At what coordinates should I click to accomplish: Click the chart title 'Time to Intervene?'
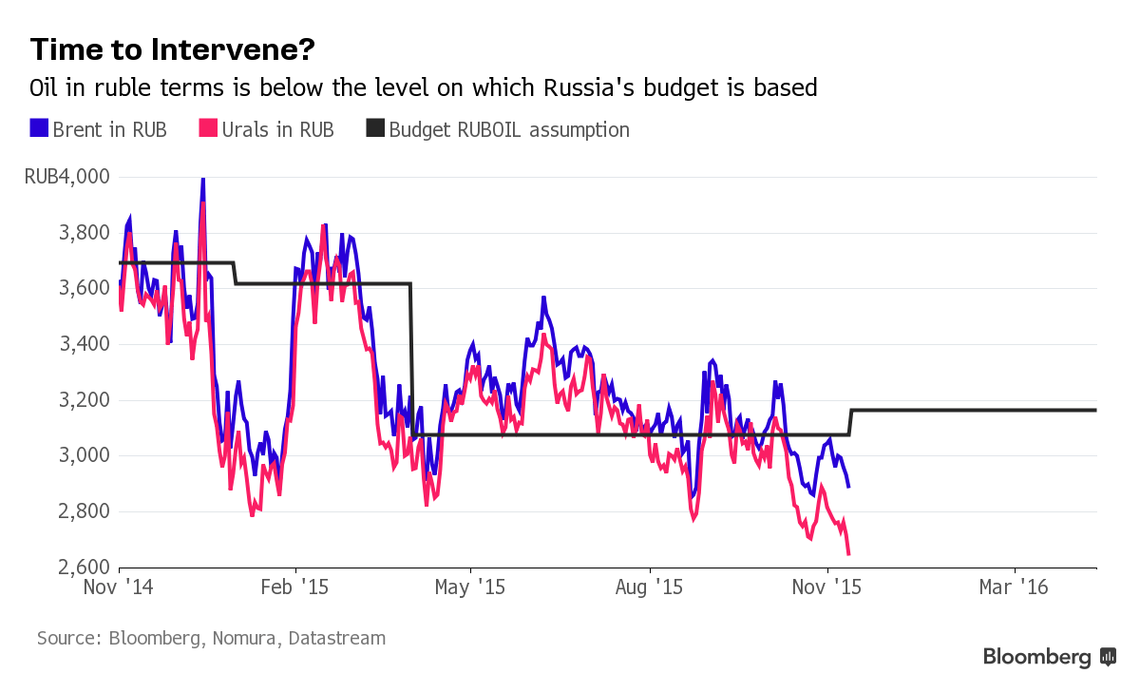[173, 49]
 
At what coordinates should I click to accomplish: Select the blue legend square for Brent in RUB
[39, 127]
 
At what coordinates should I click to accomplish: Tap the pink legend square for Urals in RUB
[208, 127]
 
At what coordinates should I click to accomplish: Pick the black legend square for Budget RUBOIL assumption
[375, 127]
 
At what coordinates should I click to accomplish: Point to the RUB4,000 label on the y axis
[67, 177]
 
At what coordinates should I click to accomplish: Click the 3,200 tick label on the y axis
[85, 400]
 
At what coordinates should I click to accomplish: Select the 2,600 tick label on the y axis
[85, 568]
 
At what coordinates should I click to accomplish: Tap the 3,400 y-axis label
[85, 344]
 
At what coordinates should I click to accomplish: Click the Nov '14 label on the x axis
[119, 587]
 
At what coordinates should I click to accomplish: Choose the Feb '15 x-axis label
[294, 587]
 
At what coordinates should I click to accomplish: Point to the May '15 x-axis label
[470, 587]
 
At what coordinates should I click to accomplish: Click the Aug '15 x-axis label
[649, 587]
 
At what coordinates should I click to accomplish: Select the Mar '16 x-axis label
[1014, 587]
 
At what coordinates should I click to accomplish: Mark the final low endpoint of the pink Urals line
[848, 554]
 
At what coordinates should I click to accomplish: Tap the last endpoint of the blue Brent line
[848, 488]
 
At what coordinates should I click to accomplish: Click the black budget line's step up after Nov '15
[850, 422]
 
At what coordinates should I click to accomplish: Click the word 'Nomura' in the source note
[245, 639]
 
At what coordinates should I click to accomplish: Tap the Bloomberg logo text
[1037, 657]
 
